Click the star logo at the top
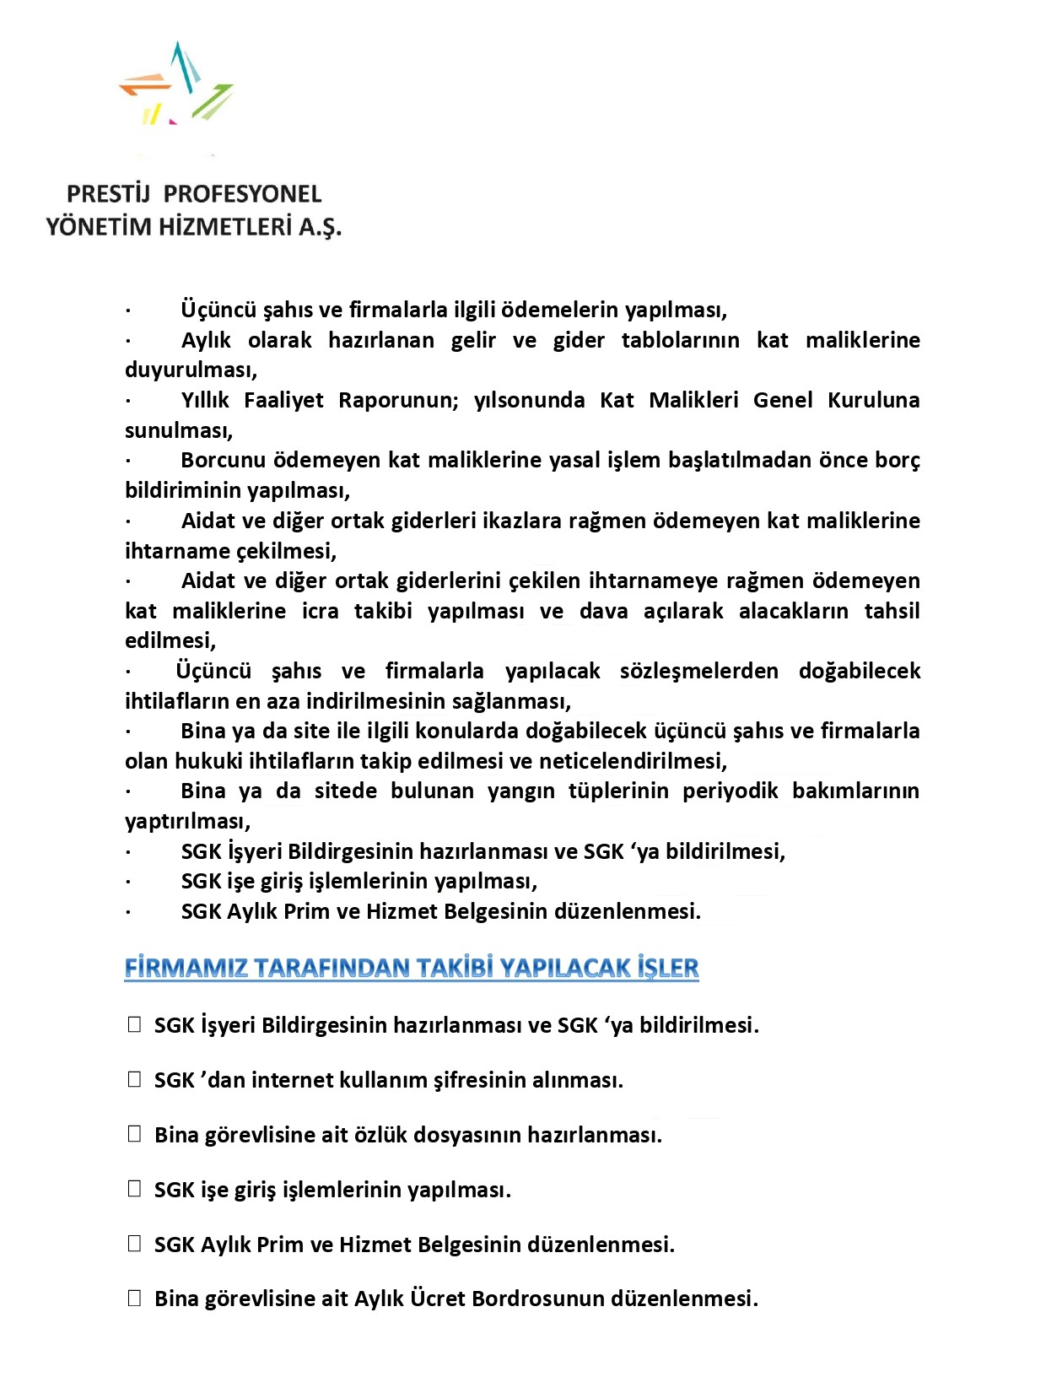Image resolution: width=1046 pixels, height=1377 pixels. pos(176,84)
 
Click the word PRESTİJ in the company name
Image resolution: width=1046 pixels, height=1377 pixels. pos(108,194)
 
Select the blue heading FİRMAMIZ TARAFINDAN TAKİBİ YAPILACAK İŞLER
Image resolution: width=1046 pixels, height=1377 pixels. pos(412,968)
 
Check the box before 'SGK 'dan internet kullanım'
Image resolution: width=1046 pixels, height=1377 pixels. pos(134,1079)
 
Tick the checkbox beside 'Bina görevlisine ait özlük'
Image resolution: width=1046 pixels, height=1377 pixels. pos(134,1134)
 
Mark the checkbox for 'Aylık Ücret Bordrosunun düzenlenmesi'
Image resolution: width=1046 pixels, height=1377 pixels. pos(134,1298)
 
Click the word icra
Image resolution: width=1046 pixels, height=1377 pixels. pos(320,611)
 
